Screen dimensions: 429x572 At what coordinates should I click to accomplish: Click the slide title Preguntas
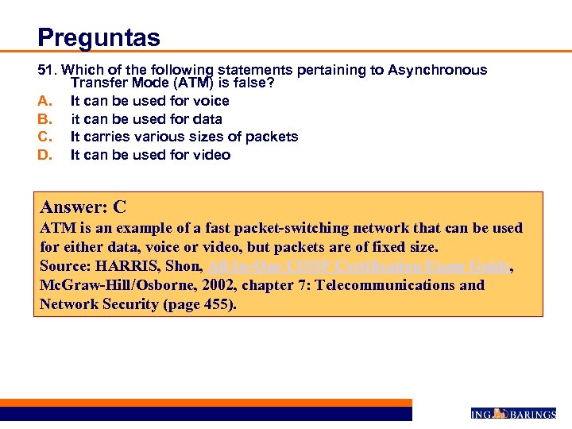pos(99,37)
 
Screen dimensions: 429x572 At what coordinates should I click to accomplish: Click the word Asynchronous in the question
pos(438,70)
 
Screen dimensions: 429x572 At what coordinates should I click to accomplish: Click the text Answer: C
pos(83,208)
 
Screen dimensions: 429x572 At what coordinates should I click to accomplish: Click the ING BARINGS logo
pos(513,413)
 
